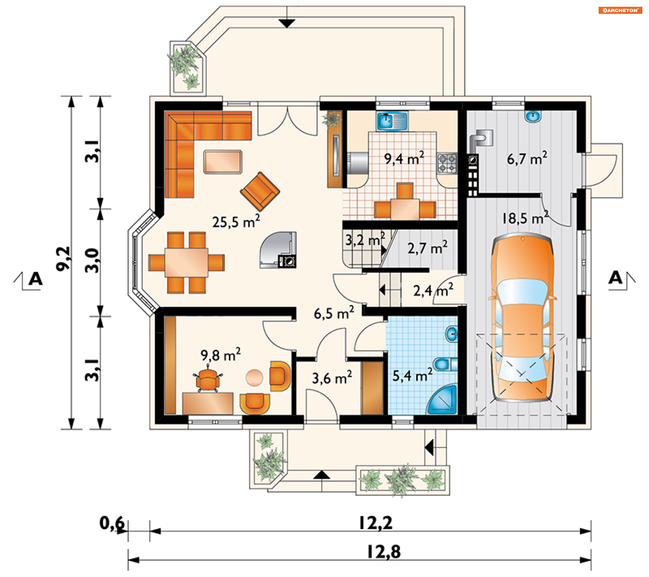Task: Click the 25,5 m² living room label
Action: (236, 222)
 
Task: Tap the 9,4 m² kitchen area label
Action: (404, 158)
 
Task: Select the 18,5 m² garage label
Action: (525, 218)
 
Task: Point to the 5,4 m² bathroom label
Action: (412, 375)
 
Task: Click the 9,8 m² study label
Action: (220, 355)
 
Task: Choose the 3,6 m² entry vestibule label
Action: (332, 378)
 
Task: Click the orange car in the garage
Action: (522, 317)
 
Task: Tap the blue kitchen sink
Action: (392, 121)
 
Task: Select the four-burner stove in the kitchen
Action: (447, 163)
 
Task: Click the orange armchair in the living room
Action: (260, 191)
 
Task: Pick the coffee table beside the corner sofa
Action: (223, 162)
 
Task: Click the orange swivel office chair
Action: (208, 379)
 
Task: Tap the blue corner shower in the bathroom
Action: (443, 400)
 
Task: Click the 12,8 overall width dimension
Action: (384, 551)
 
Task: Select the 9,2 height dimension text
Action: (63, 258)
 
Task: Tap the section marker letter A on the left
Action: (35, 279)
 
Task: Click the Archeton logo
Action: (620, 10)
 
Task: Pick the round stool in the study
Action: (254, 377)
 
